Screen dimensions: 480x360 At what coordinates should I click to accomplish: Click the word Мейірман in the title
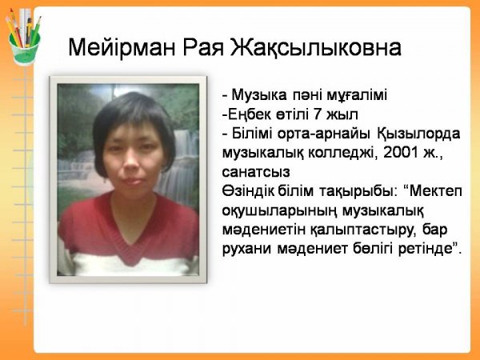tap(122, 47)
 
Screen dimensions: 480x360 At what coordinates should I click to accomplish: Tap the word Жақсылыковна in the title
tap(316, 48)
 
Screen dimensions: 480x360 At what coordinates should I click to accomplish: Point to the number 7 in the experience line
tap(318, 114)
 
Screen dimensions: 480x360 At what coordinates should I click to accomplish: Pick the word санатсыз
tap(256, 172)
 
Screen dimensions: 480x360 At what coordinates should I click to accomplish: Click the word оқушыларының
tap(279, 211)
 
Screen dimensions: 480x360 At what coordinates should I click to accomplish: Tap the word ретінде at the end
tap(426, 249)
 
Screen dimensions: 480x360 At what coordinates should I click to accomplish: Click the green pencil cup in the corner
tap(25, 49)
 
